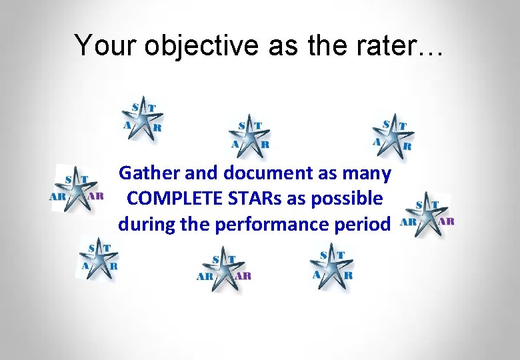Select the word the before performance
click(x=195, y=224)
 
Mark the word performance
click(x=278, y=224)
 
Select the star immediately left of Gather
click(x=77, y=189)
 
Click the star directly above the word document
click(x=251, y=137)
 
